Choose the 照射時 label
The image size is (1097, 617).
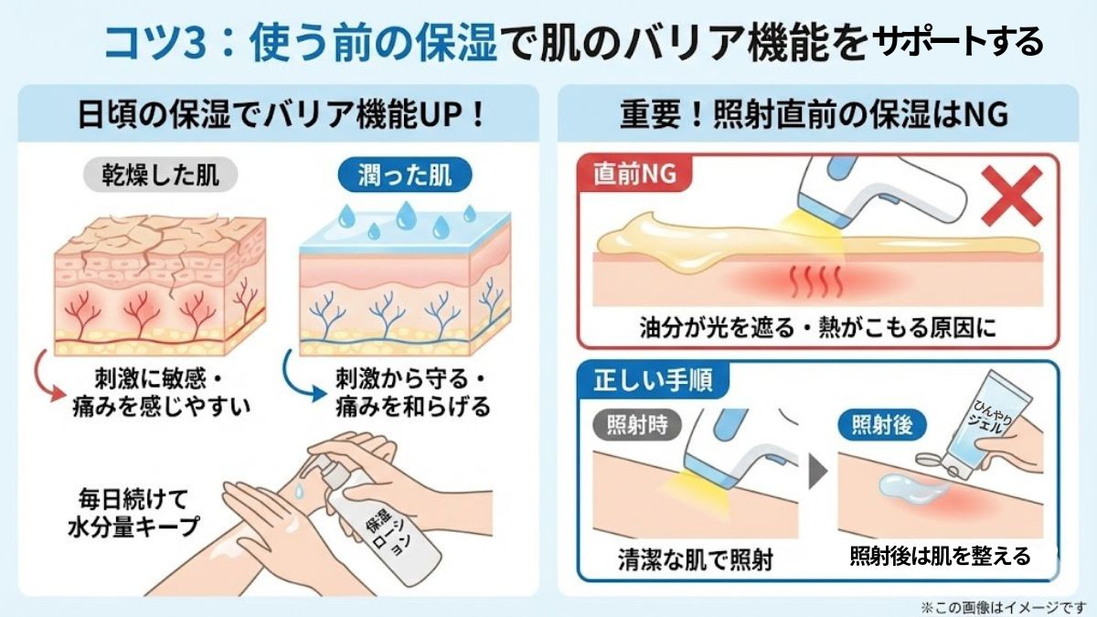point(634,425)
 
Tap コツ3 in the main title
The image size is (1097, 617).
point(149,42)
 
